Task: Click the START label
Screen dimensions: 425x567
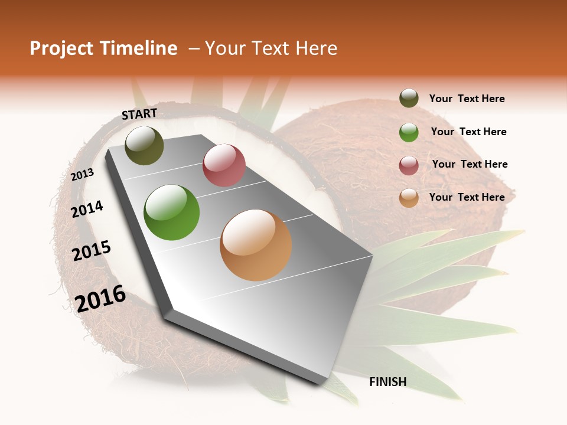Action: (x=139, y=114)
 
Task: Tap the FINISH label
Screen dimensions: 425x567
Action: (x=388, y=382)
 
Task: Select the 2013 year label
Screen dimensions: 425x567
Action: (x=82, y=175)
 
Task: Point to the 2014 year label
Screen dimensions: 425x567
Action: (x=87, y=210)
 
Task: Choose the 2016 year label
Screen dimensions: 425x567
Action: (x=100, y=299)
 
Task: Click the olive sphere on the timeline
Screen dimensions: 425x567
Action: (x=145, y=146)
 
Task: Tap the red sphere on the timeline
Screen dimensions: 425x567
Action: (x=224, y=165)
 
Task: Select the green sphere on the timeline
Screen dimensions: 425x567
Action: (x=172, y=212)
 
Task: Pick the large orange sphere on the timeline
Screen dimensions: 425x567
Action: (x=256, y=245)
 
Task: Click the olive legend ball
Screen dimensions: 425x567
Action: (x=409, y=99)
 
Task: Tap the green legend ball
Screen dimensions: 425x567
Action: (x=409, y=132)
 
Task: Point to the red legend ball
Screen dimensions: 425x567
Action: (x=409, y=165)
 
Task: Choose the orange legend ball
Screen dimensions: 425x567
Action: (x=409, y=198)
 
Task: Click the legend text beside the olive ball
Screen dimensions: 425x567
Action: (x=467, y=99)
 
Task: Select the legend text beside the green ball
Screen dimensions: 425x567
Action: (x=468, y=132)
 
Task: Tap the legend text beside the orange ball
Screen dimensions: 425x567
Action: (x=467, y=197)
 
